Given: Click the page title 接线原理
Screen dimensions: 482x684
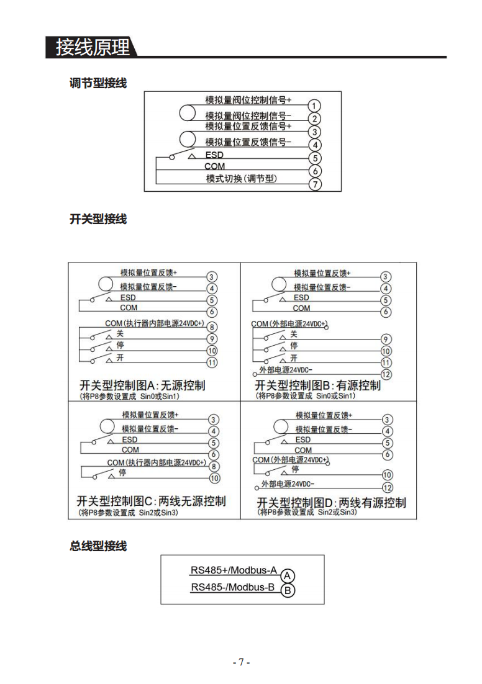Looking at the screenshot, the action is point(93,47).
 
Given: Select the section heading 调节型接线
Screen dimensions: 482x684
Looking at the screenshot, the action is point(98,83).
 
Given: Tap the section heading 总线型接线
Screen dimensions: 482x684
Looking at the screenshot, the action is point(98,546).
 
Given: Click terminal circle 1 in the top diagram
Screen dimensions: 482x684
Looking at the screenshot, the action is point(314,106).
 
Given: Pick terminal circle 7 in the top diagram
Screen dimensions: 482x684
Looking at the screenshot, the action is point(315,184).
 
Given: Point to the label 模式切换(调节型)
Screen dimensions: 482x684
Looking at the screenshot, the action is point(242,178).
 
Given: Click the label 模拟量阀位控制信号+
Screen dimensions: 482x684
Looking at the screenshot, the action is point(248,100).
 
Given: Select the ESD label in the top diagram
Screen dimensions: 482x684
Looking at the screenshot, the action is point(214,155).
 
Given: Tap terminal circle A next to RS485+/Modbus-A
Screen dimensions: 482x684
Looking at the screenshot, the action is point(288,576).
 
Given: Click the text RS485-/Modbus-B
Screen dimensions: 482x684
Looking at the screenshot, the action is point(233,587).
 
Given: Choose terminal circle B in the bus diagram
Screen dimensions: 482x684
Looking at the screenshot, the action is point(288,591).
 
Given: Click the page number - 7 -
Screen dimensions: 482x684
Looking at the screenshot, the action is point(241,662).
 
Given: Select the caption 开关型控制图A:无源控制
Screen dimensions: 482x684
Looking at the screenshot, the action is point(142,385).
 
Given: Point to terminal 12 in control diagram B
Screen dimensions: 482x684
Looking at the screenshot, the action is point(386,374).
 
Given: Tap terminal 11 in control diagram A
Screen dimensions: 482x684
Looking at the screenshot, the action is point(212,362).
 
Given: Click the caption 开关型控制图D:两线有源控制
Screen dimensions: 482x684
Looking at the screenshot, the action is point(332,503).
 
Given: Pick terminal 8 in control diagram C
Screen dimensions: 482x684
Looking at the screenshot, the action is point(214,466).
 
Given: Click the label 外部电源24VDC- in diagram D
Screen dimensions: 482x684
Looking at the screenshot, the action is point(288,484).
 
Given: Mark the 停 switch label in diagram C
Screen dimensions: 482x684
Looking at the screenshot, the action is point(122,472).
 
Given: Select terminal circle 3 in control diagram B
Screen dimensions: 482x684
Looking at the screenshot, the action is point(385,277).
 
